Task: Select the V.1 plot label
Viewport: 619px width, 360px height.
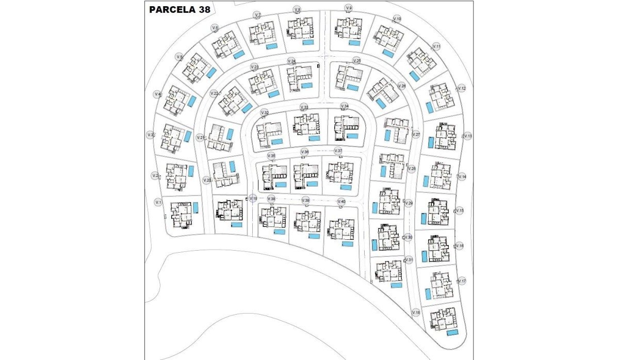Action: coord(158,202)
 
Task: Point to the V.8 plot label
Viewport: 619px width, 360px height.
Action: coord(297,9)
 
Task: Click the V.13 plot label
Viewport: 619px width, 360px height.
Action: coord(467,136)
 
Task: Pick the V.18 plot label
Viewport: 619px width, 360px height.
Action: coord(416,313)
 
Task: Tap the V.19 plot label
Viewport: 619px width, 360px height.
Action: coord(253,198)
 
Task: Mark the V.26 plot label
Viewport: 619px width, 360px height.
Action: coord(402,86)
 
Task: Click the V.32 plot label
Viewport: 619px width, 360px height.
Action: coord(264,112)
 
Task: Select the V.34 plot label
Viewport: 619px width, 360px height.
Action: coord(345,106)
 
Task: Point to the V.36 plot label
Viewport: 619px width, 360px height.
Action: coord(305,152)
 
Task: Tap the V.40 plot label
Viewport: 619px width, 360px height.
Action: coord(341,201)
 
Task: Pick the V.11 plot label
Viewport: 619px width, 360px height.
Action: coord(436,46)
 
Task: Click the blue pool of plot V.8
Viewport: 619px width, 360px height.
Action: coord(308,44)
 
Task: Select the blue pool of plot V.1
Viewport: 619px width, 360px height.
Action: coord(196,207)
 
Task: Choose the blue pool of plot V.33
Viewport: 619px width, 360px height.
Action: coord(314,138)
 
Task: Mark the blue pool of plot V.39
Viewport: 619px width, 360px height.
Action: coord(314,236)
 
